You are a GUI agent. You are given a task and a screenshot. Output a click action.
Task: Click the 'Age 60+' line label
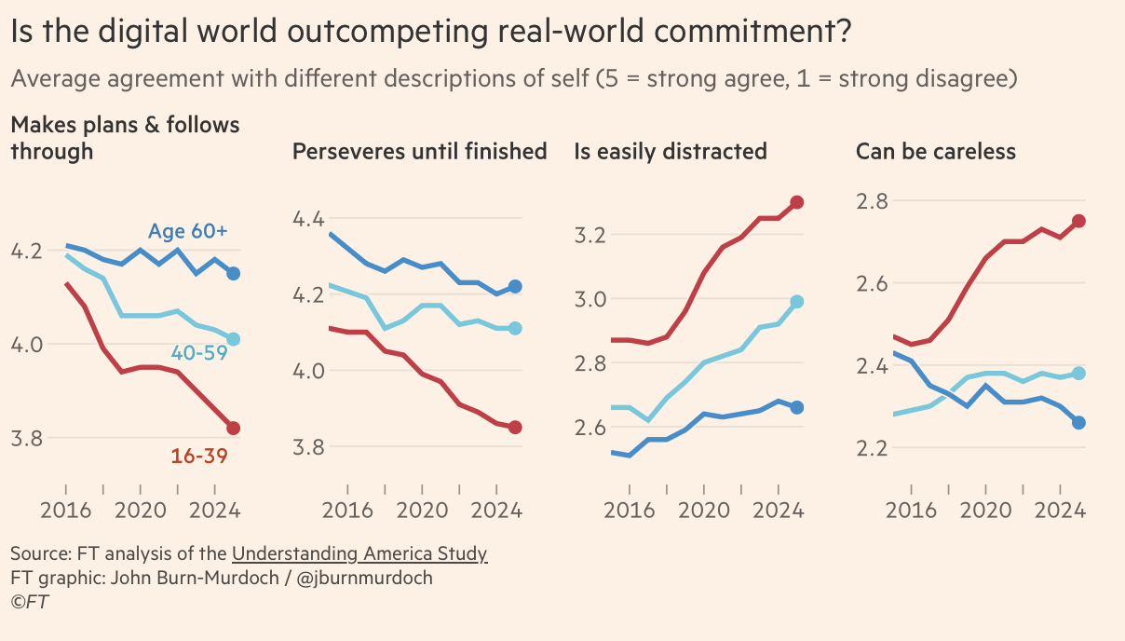187,232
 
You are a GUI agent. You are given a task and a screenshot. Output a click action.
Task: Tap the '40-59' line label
199,352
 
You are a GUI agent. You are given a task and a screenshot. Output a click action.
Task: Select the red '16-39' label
199,457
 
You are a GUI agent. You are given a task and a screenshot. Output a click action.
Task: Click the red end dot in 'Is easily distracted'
797,202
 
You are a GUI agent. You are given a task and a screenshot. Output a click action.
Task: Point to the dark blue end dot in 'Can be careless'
1078,422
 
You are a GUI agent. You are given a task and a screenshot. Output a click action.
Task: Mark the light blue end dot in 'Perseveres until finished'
515,328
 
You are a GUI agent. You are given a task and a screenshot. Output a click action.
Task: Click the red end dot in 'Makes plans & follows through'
234,428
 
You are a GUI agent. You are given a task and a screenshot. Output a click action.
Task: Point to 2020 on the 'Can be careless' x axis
984,510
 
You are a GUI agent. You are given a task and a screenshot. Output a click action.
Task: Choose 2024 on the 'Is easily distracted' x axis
778,510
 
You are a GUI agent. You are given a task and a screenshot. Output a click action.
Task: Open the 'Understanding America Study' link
359,554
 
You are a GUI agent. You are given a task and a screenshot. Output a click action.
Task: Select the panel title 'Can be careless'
935,151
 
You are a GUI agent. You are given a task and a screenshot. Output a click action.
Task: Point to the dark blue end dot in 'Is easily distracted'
797,406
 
